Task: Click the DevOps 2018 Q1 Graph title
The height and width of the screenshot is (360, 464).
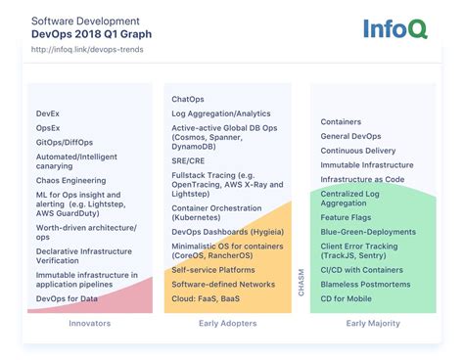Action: pos(86,33)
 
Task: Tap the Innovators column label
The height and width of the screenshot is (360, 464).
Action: pos(90,324)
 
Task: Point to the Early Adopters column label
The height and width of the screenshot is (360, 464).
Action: pos(227,324)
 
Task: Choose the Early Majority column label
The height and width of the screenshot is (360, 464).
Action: pos(373,324)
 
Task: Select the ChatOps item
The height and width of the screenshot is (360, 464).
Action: pos(188,99)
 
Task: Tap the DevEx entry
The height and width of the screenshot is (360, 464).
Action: pos(49,113)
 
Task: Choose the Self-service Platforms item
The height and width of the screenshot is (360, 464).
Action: pos(214,270)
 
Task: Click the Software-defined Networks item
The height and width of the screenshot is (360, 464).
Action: pos(223,284)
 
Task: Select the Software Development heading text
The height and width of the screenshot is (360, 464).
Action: pos(85,20)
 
